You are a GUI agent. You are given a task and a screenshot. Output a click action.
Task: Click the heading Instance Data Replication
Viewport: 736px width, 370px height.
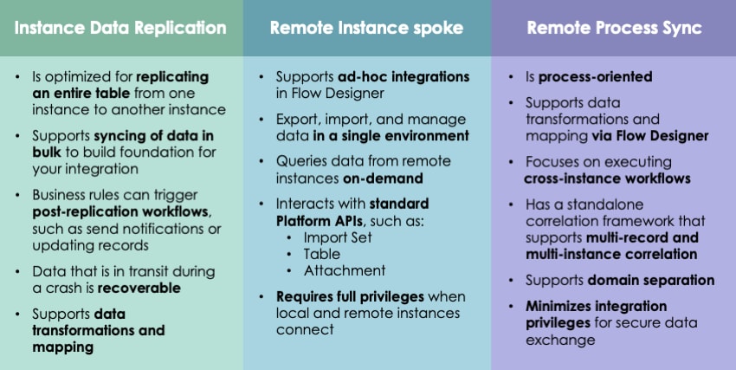pos(121,29)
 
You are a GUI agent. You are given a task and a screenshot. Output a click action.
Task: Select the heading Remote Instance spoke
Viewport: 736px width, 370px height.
pos(367,29)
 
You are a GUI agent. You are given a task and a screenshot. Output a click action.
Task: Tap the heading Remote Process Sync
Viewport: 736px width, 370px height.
pos(614,29)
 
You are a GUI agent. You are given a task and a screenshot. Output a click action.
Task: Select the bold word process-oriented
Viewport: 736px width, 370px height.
pos(595,77)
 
